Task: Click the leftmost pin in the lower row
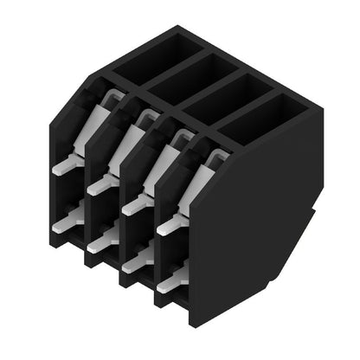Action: (66, 222)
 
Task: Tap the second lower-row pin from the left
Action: (101, 242)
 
